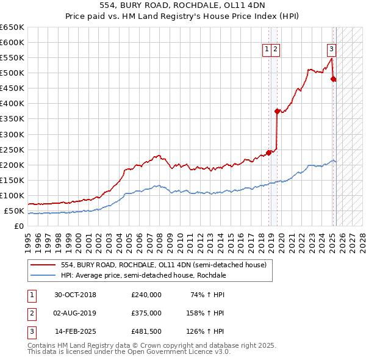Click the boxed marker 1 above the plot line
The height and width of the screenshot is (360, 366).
267,50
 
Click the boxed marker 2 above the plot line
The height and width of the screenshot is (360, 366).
275,50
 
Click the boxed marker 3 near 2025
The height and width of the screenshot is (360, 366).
331,50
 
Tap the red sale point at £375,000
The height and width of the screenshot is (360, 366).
277,111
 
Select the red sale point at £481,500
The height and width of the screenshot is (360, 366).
333,79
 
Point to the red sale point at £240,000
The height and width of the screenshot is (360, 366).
269,153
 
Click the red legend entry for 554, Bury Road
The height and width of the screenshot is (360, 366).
163,265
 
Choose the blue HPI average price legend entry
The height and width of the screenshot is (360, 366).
143,275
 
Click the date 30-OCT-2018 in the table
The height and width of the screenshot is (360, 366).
74,295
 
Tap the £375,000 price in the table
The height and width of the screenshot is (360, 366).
146,313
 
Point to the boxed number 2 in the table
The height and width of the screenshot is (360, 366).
30,313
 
